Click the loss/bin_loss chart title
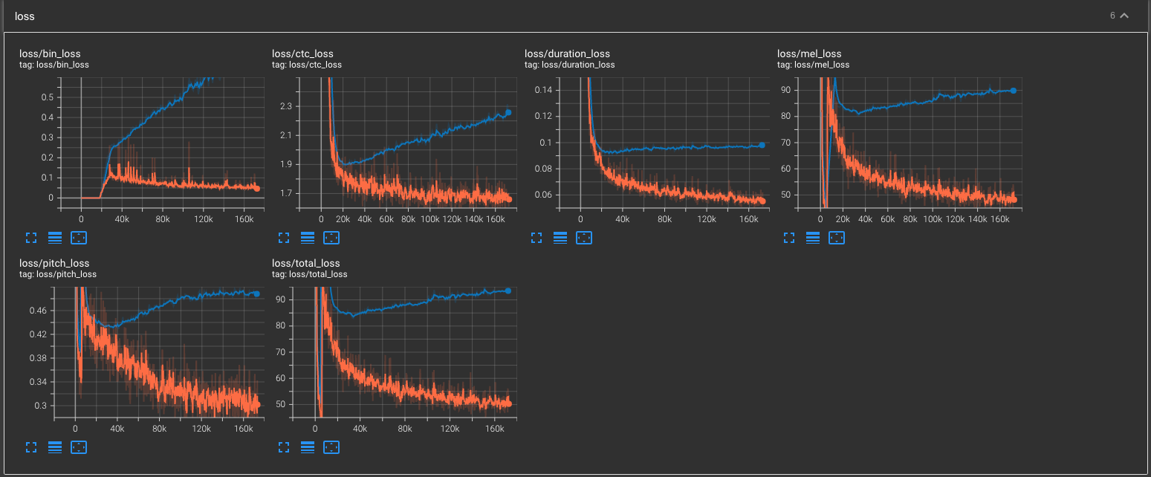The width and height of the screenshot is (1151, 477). coord(50,53)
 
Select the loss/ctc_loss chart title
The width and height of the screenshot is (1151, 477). coord(302,53)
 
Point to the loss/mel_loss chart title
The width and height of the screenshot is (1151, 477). coord(809,53)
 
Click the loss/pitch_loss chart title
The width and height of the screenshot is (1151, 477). coord(54,263)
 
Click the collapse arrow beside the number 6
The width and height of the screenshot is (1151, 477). coord(1124,16)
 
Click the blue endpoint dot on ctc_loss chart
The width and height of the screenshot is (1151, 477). coord(508,112)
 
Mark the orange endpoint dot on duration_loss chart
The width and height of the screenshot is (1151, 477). coord(762,201)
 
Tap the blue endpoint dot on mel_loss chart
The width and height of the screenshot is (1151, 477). coord(1013,90)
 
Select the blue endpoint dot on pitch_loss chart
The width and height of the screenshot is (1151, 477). coord(256,294)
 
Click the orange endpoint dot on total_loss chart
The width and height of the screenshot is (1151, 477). coord(509,404)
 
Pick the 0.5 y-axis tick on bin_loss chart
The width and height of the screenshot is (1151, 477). coord(47,97)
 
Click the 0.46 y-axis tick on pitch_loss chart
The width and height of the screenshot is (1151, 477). coord(37,311)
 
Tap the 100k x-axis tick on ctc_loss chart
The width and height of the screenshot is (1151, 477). coord(429,220)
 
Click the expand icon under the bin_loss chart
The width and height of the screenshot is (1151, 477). coord(30,238)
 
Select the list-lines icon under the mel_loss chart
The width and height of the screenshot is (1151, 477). coord(813,238)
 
